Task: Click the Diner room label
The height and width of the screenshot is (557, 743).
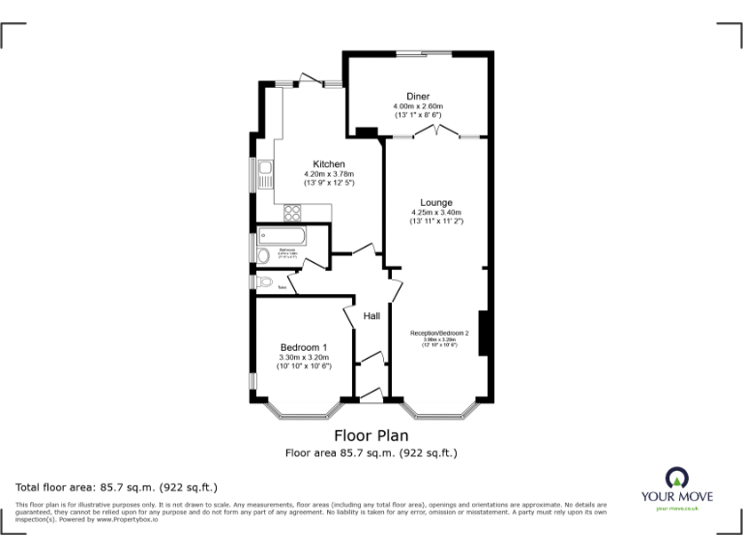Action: [x=418, y=96]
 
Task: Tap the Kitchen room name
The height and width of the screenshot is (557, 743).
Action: [x=329, y=163]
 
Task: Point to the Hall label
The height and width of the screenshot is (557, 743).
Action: [x=371, y=315]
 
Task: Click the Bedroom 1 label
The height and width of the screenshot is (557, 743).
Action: [x=304, y=347]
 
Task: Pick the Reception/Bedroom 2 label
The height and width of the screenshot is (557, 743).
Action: [x=438, y=334]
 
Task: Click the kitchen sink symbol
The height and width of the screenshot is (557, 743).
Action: [x=265, y=175]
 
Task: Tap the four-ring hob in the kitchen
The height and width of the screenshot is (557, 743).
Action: [x=294, y=216]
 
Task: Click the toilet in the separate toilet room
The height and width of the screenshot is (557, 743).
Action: [x=265, y=281]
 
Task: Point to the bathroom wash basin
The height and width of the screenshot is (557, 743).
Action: [x=263, y=254]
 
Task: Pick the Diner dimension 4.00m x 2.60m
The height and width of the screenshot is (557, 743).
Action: [x=418, y=106]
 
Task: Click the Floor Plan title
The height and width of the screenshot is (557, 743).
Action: [x=371, y=435]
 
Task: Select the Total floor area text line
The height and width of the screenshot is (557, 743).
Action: [x=117, y=486]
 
